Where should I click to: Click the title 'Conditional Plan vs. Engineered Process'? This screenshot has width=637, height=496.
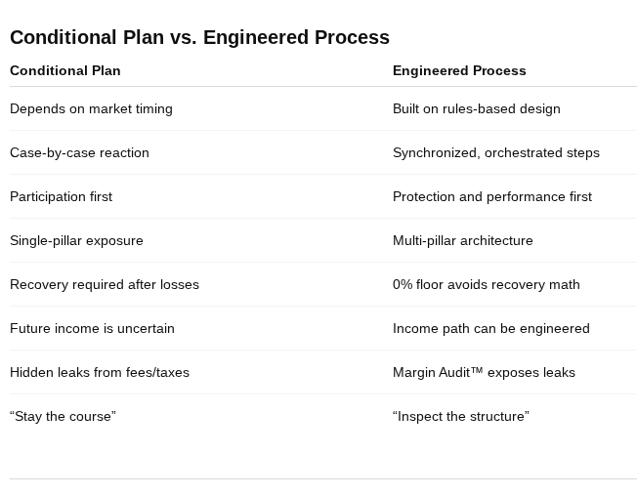pyautogui.click(x=199, y=37)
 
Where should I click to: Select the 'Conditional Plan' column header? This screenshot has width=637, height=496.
pyautogui.click(x=65, y=70)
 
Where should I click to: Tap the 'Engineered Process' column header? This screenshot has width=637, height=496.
pyautogui.click(x=459, y=70)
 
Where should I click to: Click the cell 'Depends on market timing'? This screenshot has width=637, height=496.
pyautogui.click(x=91, y=108)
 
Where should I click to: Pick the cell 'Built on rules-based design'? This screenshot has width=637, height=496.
pyautogui.click(x=477, y=108)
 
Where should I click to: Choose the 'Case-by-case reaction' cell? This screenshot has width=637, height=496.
pyautogui.click(x=79, y=152)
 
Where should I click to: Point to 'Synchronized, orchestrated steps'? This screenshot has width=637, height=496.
pyautogui.click(x=496, y=152)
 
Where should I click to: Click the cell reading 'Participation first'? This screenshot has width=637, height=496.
pyautogui.click(x=61, y=196)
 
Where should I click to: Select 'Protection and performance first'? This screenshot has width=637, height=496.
pyautogui.click(x=492, y=196)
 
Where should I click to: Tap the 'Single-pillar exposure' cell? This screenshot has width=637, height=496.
pyautogui.click(x=76, y=240)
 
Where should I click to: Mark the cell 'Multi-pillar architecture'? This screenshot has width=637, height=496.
pyautogui.click(x=463, y=240)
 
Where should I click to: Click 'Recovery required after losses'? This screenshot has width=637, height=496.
pyautogui.click(x=105, y=284)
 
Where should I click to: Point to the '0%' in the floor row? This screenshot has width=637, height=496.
pyautogui.click(x=403, y=284)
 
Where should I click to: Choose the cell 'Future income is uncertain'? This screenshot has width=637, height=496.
pyautogui.click(x=92, y=328)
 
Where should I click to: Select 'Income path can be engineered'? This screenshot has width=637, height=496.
pyautogui.click(x=491, y=328)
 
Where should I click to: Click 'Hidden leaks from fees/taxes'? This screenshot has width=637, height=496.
pyautogui.click(x=100, y=372)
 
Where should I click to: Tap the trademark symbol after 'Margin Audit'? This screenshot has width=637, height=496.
pyautogui.click(x=478, y=370)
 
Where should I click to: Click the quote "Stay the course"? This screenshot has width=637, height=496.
pyautogui.click(x=63, y=416)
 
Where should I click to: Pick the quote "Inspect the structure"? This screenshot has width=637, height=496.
pyautogui.click(x=461, y=416)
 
